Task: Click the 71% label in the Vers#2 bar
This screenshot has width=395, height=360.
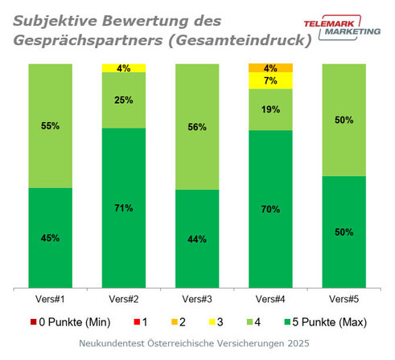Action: coord(125,208)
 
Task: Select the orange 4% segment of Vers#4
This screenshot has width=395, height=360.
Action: coord(271,67)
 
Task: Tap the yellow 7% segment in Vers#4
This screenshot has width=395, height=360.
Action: coord(271,80)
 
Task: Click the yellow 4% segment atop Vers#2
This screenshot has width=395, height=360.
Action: coord(125,67)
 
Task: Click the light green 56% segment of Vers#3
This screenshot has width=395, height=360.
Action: coord(198,126)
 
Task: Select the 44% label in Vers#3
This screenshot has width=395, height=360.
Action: coord(198,239)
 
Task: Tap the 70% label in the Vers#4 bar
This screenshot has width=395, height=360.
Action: coord(271,209)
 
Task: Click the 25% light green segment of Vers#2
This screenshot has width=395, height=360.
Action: coord(125,100)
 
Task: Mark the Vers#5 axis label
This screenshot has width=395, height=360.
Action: coord(344,299)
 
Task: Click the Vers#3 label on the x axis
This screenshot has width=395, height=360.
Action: coord(198,299)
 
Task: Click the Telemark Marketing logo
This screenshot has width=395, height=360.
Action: coord(348,29)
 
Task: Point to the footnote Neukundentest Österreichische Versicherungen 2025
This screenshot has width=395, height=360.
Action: coord(197,344)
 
